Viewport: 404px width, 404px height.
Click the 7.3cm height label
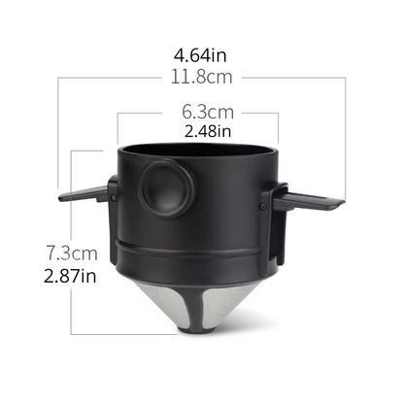coord(71,254)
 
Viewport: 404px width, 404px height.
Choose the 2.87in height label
coord(71,276)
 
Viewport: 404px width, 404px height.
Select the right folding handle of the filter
coord(311,200)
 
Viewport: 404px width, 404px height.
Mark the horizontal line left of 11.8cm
coord(107,76)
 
